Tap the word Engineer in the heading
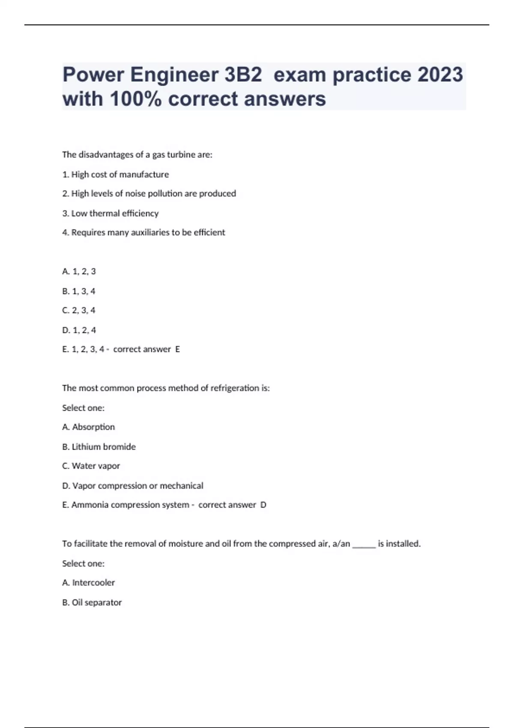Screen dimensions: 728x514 (x=174, y=75)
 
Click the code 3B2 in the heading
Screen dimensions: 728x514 (x=243, y=75)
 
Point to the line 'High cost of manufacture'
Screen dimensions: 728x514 (x=116, y=174)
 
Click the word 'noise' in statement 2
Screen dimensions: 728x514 (x=135, y=194)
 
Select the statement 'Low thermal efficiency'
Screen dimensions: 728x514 (x=111, y=213)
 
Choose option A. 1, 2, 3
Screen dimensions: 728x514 (x=79, y=272)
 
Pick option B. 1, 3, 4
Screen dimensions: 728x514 (x=79, y=291)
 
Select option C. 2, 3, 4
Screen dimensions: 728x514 (x=79, y=310)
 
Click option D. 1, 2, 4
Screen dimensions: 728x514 (x=79, y=330)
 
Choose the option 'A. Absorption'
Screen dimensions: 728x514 (x=89, y=427)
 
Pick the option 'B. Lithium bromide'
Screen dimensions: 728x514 (x=99, y=447)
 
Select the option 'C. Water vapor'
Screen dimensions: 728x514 (x=91, y=466)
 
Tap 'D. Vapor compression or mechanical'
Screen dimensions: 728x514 (x=133, y=486)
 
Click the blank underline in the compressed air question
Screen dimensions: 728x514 (x=364, y=545)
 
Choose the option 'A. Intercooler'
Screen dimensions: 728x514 (x=89, y=582)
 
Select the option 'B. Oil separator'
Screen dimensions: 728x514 (x=92, y=602)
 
